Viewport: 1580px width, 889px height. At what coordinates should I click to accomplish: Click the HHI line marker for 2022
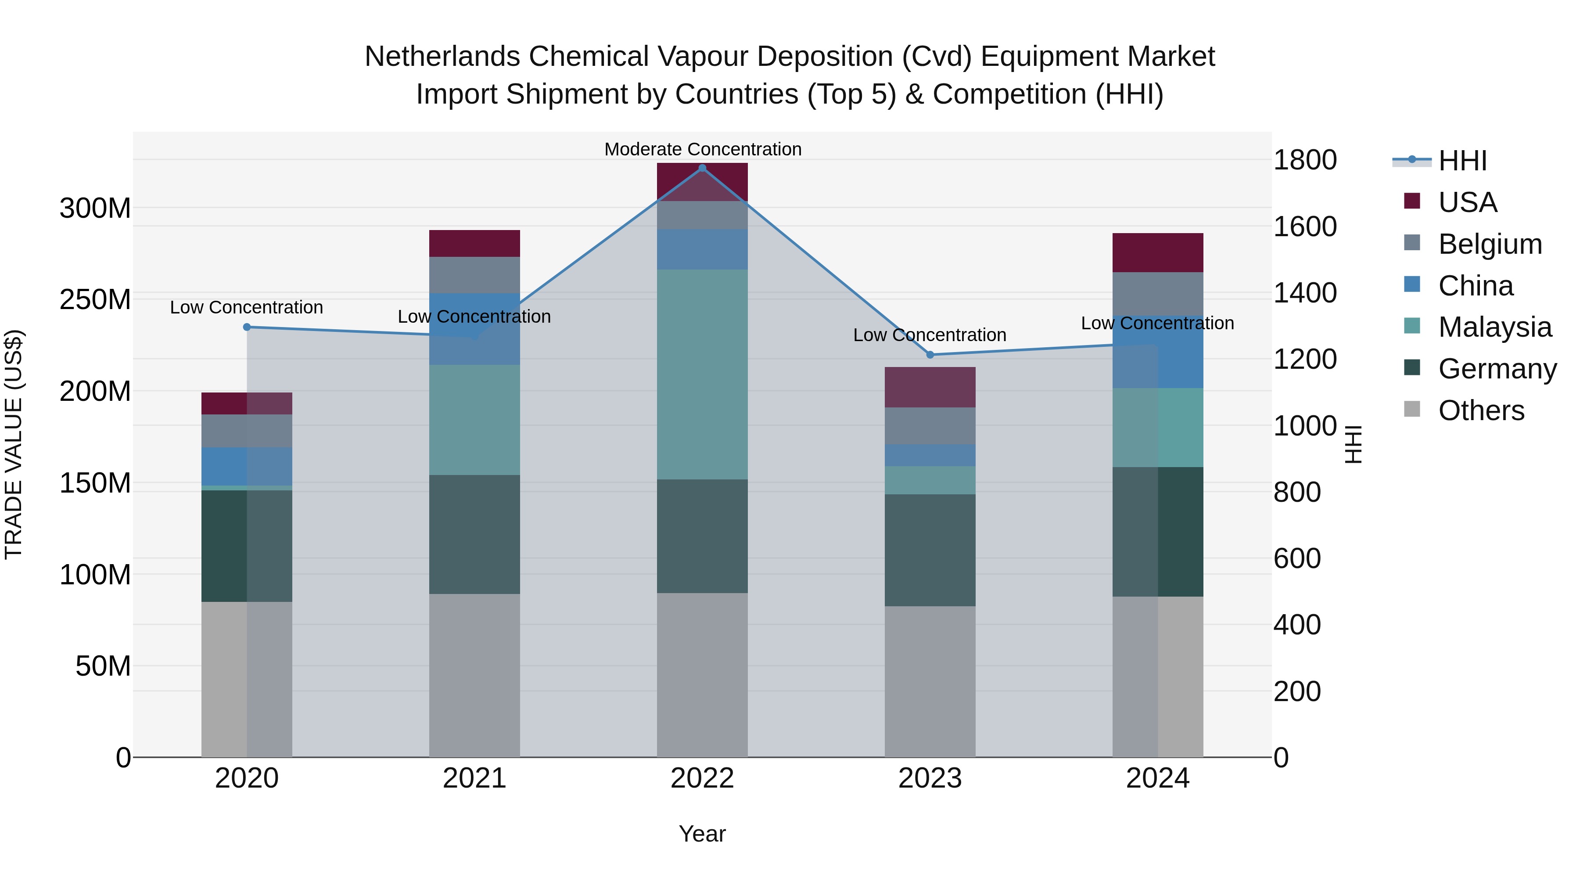[702, 168]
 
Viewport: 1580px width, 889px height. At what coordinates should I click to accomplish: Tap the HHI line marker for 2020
[247, 327]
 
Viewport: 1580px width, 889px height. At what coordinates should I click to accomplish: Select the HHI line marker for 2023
[930, 355]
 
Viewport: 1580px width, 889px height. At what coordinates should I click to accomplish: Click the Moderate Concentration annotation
[702, 149]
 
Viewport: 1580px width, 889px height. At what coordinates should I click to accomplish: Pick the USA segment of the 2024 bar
[1157, 252]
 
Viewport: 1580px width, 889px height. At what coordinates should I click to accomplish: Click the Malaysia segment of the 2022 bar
[702, 374]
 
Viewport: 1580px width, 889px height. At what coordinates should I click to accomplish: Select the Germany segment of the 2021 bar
[474, 534]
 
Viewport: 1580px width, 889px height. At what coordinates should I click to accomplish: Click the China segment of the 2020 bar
[247, 466]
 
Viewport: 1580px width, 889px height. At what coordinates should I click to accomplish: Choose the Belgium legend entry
[1489, 244]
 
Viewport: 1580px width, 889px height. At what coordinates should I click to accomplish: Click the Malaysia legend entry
[1494, 327]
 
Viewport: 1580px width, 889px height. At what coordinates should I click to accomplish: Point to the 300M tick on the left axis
[95, 209]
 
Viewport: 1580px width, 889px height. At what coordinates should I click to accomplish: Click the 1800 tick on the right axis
[1305, 160]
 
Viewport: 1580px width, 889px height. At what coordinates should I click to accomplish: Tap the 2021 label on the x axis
[474, 778]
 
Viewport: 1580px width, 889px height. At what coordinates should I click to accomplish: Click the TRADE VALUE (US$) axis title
[14, 444]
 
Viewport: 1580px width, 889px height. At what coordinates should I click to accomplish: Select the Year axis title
[702, 834]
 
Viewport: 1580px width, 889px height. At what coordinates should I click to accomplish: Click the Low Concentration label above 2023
[930, 335]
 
